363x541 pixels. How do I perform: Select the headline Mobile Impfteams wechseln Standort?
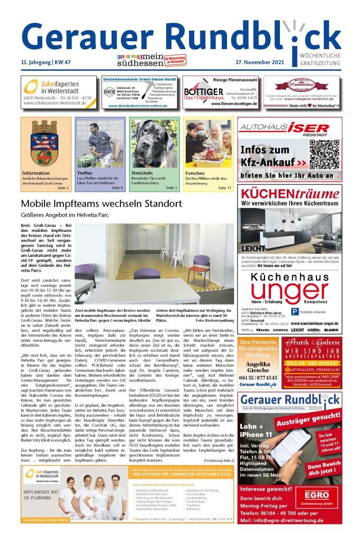(x=101, y=204)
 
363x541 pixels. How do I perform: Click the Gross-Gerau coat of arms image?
(x=46, y=144)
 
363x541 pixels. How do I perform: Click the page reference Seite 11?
(x=224, y=188)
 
